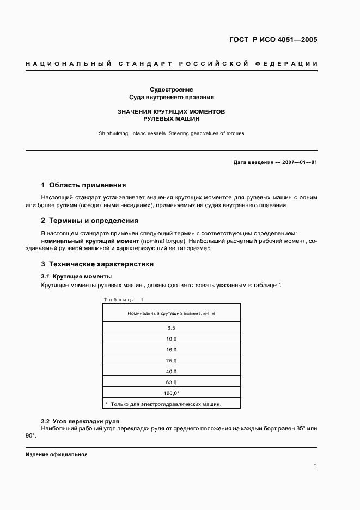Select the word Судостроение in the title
pyautogui.click(x=172, y=89)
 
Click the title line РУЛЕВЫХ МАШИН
pyautogui.click(x=172, y=118)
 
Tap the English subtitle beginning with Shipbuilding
pyautogui.click(x=172, y=133)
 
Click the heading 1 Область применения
pyautogui.click(x=84, y=185)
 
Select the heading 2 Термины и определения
pyautogui.click(x=90, y=221)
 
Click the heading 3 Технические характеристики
pyautogui.click(x=97, y=264)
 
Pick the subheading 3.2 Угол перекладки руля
pyautogui.click(x=80, y=421)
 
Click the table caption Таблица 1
pyautogui.click(x=123, y=299)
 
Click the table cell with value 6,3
pyautogui.click(x=171, y=327)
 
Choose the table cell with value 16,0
pyautogui.click(x=171, y=349)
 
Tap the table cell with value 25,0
pyautogui.click(x=171, y=360)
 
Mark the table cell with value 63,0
pyautogui.click(x=171, y=382)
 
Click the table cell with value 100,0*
pyautogui.click(x=171, y=393)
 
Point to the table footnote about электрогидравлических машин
pyautogui.click(x=163, y=404)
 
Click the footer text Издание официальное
pyautogui.click(x=57, y=454)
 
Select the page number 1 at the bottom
pyautogui.click(x=315, y=466)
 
